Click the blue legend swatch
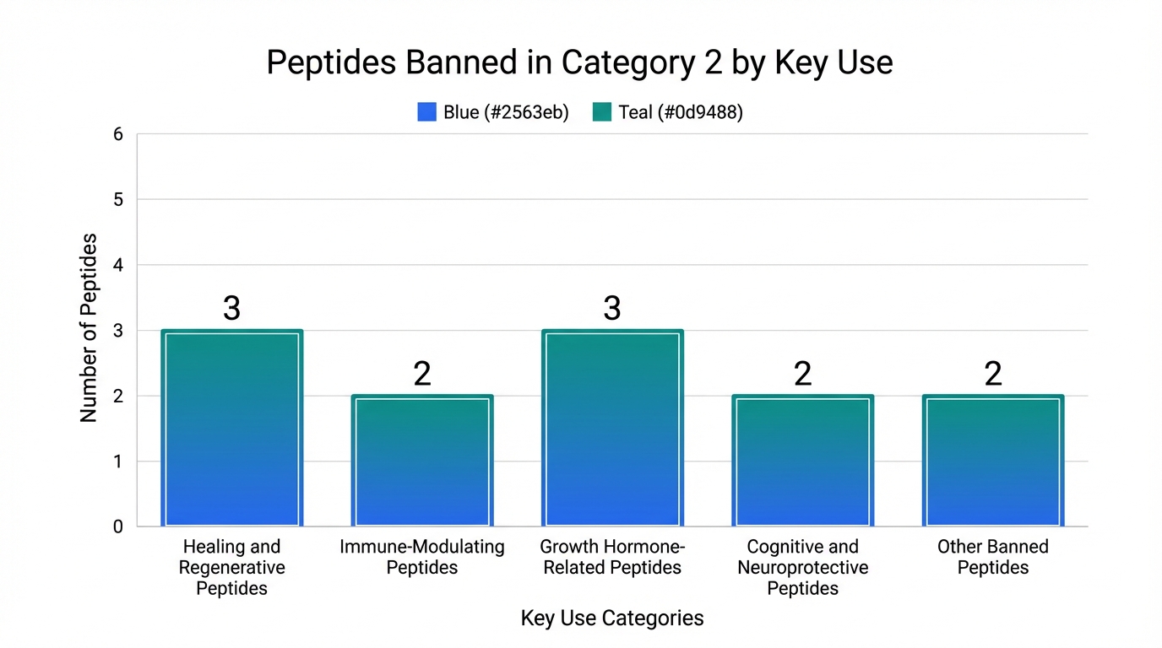[426, 112]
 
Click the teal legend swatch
[601, 112]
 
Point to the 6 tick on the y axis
[117, 134]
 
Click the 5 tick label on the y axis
[117, 200]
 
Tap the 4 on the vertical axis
[117, 265]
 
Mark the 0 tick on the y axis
[117, 526]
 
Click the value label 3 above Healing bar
[232, 309]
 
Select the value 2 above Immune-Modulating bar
[422, 374]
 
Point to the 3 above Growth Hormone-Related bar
[612, 309]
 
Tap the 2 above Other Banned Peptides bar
[993, 374]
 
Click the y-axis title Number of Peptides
[89, 329]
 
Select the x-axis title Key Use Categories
[612, 618]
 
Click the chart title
[580, 63]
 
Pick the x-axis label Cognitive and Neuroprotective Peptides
[802, 567]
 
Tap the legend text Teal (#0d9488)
[681, 112]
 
